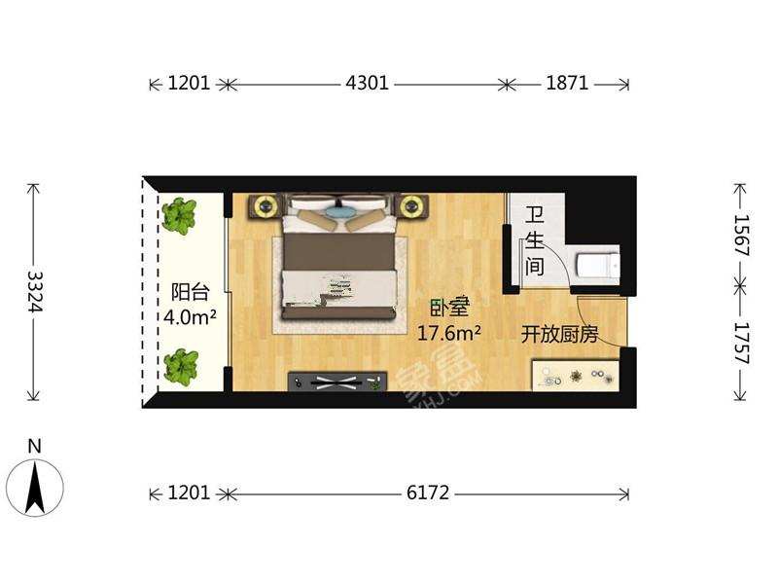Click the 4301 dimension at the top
tap(367, 84)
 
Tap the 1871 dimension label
tap(567, 84)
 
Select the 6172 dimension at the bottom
tap(428, 493)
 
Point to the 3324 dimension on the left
tap(35, 291)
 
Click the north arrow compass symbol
tap(35, 485)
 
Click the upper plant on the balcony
tap(179, 215)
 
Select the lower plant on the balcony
tap(180, 368)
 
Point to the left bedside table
tap(265, 205)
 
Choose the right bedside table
tap(413, 205)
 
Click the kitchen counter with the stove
tap(575, 376)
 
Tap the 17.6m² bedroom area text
tap(449, 334)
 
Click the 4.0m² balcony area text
tap(190, 316)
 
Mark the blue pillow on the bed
tap(339, 208)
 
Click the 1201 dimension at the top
tap(189, 84)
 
